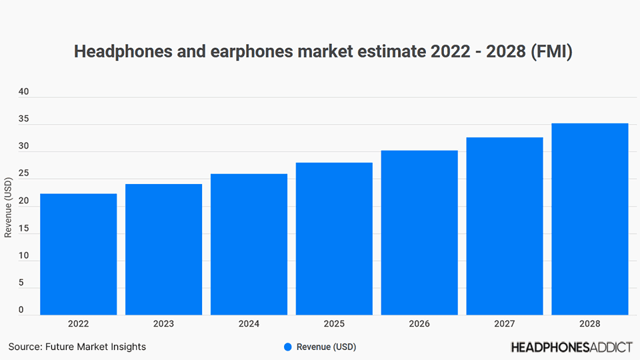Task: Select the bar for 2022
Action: pyautogui.click(x=78, y=254)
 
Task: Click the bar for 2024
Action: pyautogui.click(x=249, y=244)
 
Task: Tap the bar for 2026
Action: pyautogui.click(x=419, y=233)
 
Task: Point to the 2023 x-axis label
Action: pyautogui.click(x=163, y=324)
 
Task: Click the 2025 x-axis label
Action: pyautogui.click(x=334, y=324)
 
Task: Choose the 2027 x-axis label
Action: pyautogui.click(x=505, y=324)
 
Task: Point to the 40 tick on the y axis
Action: pyautogui.click(x=23, y=92)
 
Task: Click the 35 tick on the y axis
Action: pyautogui.click(x=23, y=119)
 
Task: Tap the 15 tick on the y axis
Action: pyautogui.click(x=23, y=229)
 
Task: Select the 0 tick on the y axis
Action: pyautogui.click(x=21, y=310)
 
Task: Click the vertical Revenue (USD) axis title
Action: pyautogui.click(x=8, y=207)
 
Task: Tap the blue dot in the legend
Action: pyautogui.click(x=288, y=347)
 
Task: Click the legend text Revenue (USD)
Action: pyautogui.click(x=326, y=347)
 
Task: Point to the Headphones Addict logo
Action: pyautogui.click(x=571, y=347)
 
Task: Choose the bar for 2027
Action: pyautogui.click(x=505, y=226)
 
